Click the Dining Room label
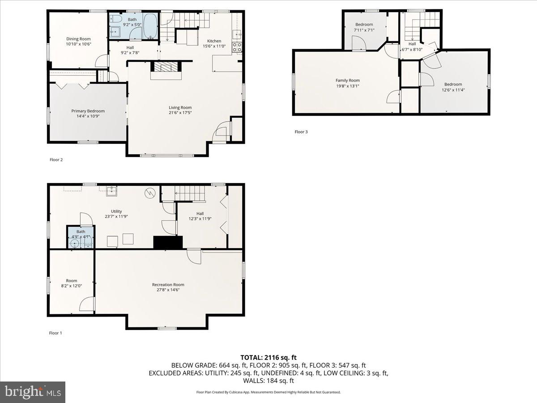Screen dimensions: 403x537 78,39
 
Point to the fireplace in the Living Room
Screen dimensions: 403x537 166,68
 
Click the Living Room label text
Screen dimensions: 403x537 180,107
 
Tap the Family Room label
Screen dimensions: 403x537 348,81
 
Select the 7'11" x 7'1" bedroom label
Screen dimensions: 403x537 364,30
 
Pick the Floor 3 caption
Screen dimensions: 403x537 301,132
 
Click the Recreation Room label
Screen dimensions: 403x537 168,285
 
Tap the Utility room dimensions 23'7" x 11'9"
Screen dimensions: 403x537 116,217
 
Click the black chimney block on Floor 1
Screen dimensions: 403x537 168,242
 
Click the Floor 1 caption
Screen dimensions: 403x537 56,333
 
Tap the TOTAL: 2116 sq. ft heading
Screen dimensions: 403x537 268,357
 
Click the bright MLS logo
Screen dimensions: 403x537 33,392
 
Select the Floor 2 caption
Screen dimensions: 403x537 56,159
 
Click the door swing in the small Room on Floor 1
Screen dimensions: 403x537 88,304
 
